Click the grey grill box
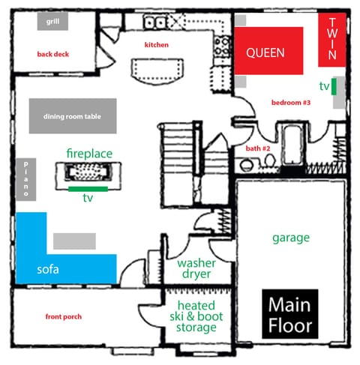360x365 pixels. [x=52, y=21]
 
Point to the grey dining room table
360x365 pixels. [x=73, y=116]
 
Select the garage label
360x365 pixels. [x=291, y=238]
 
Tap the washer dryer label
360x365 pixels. [x=196, y=268]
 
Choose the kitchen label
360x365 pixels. [x=157, y=45]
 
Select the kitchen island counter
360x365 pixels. [x=159, y=72]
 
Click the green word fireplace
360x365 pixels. [x=89, y=153]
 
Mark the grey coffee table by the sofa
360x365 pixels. [x=74, y=241]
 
